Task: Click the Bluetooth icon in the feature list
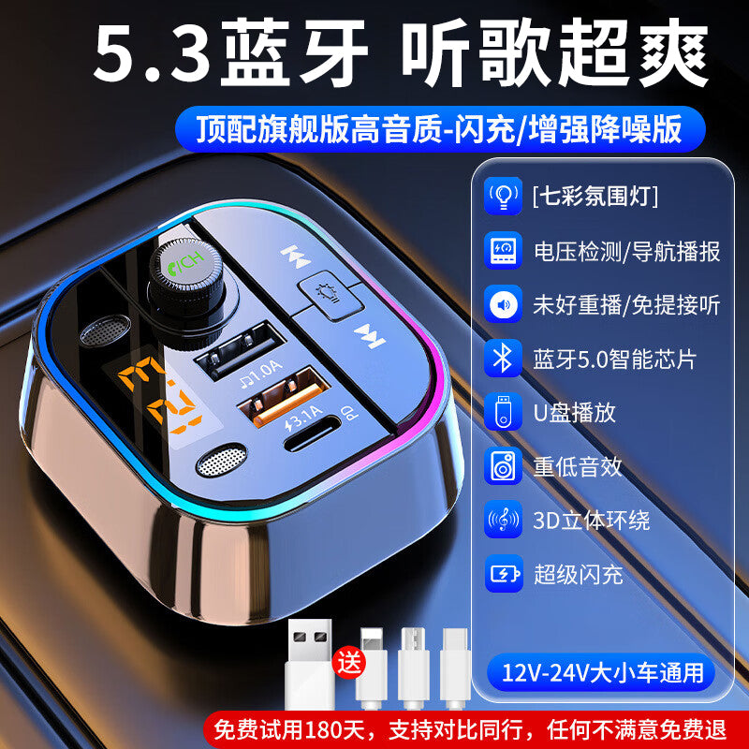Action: click(503, 358)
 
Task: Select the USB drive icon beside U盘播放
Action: click(503, 412)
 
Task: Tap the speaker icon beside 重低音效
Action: click(503, 465)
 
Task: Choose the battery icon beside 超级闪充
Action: click(503, 573)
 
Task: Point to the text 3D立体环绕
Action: click(591, 520)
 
